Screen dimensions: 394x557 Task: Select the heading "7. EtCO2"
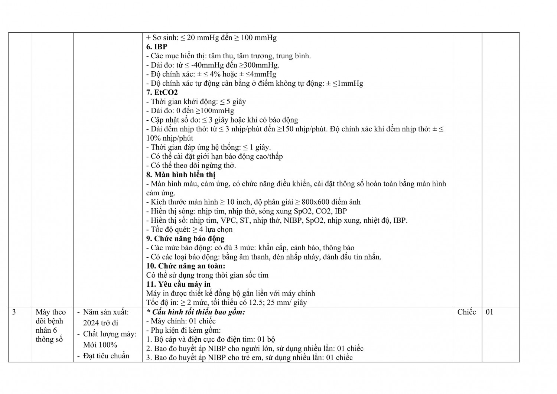(162, 92)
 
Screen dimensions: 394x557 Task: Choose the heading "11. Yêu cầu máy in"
(178, 284)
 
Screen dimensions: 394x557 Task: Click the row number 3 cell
(14, 312)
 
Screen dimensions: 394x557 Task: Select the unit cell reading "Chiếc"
(466, 312)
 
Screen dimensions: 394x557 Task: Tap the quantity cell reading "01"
(489, 312)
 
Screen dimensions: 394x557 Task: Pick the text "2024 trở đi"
(101, 323)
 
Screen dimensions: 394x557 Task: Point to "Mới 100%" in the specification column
(100, 345)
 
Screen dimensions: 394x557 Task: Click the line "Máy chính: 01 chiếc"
(181, 321)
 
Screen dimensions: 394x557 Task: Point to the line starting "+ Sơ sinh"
(211, 38)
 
